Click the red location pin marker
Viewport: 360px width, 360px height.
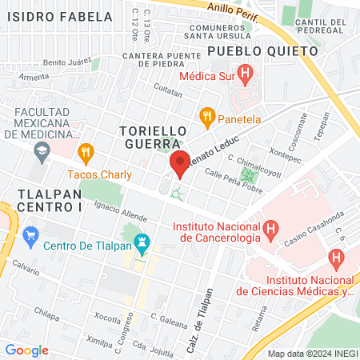click(180, 164)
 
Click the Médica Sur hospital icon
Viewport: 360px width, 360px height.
click(247, 76)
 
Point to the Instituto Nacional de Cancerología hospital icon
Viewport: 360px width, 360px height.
click(272, 231)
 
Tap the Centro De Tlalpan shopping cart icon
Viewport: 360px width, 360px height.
click(31, 235)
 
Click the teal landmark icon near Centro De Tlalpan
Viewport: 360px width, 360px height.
click(142, 240)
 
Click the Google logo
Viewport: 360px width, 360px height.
click(26, 350)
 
